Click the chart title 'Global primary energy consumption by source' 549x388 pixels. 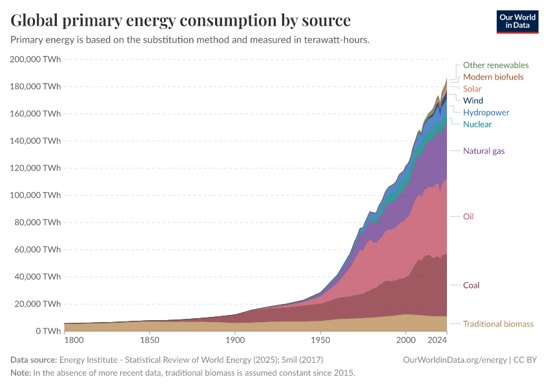click(181, 20)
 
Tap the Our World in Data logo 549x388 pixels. click(517, 21)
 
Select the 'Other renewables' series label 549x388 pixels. click(495, 65)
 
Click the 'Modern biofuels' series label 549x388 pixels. click(493, 77)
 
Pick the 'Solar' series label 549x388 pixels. click(472, 89)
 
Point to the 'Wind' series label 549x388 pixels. click(473, 100)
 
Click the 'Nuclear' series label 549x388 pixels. click(477, 124)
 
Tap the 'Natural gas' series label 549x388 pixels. click(484, 151)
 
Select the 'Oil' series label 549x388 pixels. click(468, 216)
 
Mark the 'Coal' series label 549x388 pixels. click(471, 285)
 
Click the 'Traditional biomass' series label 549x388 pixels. click(498, 324)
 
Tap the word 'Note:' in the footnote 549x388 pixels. click(21, 373)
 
